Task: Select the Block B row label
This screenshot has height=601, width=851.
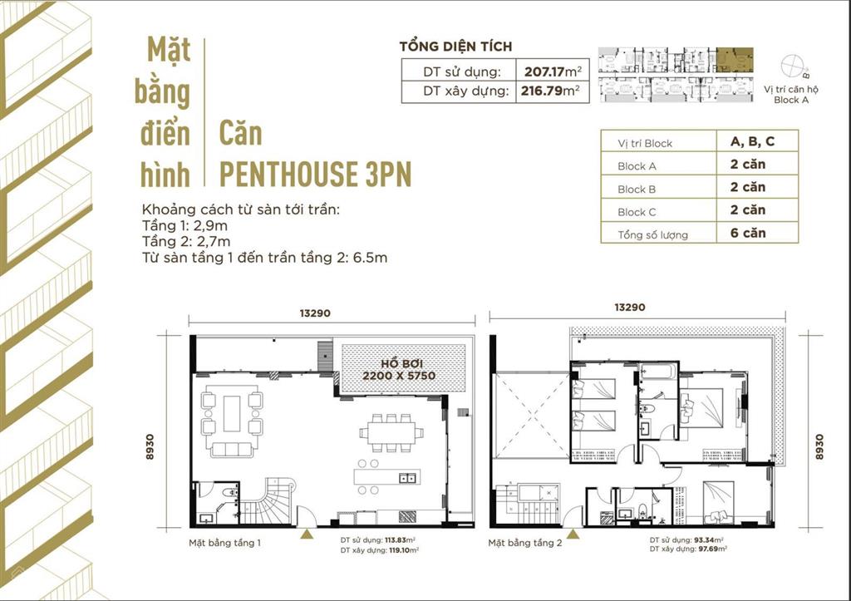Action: (x=637, y=189)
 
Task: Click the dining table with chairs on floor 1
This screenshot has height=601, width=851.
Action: (x=391, y=431)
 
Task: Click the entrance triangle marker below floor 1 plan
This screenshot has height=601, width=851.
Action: (x=307, y=535)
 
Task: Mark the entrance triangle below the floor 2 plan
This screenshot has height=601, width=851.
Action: (x=573, y=535)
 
